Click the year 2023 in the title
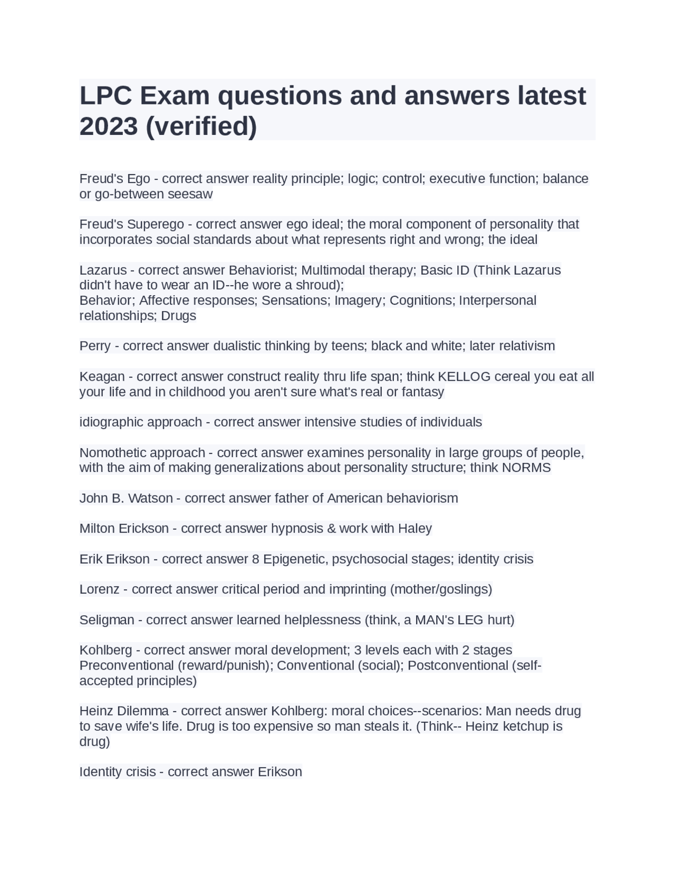(108, 126)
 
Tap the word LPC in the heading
(105, 95)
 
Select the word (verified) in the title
(201, 126)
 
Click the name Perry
(95, 346)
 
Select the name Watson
(152, 498)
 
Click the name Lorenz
(99, 589)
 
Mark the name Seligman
(107, 620)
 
